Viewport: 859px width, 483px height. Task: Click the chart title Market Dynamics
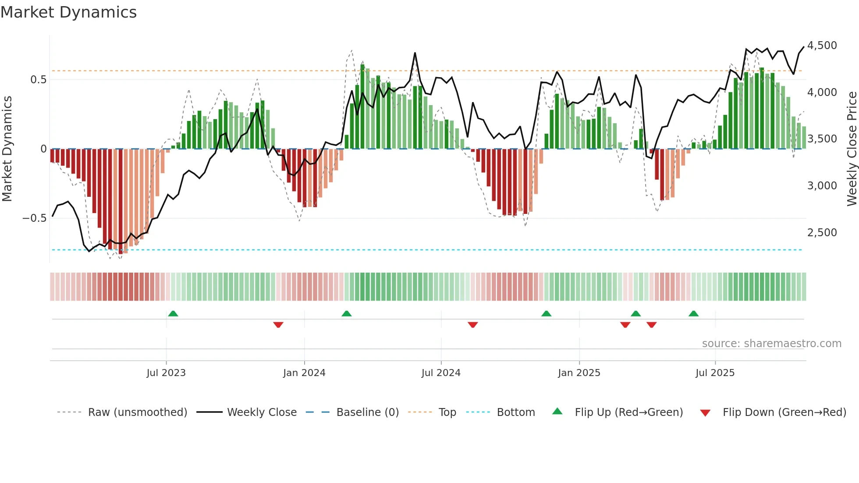click(x=68, y=12)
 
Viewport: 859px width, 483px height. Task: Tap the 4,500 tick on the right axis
click(x=822, y=46)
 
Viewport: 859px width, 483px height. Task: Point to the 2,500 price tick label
click(x=822, y=233)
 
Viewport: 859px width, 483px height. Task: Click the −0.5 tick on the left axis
click(x=34, y=218)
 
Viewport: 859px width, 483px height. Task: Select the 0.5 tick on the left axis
click(x=38, y=80)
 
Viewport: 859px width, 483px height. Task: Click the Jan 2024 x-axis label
click(x=304, y=373)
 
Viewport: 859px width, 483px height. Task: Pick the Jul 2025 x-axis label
click(x=715, y=373)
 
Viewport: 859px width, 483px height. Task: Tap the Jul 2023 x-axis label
click(x=166, y=373)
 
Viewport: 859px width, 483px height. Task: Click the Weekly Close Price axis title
click(x=852, y=149)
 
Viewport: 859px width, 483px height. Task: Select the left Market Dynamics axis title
click(x=7, y=149)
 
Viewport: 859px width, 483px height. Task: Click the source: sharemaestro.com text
click(x=771, y=344)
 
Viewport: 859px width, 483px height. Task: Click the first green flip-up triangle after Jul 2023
click(x=173, y=313)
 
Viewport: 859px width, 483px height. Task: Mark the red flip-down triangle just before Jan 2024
click(x=278, y=325)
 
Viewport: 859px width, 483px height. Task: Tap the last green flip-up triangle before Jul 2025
click(x=693, y=313)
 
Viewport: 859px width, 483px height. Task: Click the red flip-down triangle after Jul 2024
click(x=472, y=325)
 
